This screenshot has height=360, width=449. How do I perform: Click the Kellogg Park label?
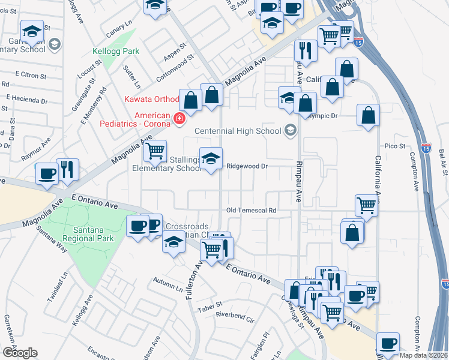pyautogui.click(x=115, y=52)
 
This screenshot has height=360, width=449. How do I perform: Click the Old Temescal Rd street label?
pyautogui.click(x=251, y=211)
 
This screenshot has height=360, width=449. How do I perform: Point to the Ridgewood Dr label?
pyautogui.click(x=246, y=166)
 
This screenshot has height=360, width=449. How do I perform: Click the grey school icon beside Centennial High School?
pyautogui.click(x=291, y=131)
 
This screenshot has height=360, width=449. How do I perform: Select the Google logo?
pyautogui.click(x=19, y=352)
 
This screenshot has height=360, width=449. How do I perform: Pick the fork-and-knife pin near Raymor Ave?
pyautogui.click(x=67, y=170)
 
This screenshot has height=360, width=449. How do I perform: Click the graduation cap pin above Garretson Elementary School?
pyautogui.click(x=32, y=31)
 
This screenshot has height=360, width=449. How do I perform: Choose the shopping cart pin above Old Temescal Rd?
pyautogui.click(x=366, y=206)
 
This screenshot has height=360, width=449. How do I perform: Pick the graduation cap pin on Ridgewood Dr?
pyautogui.click(x=211, y=159)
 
